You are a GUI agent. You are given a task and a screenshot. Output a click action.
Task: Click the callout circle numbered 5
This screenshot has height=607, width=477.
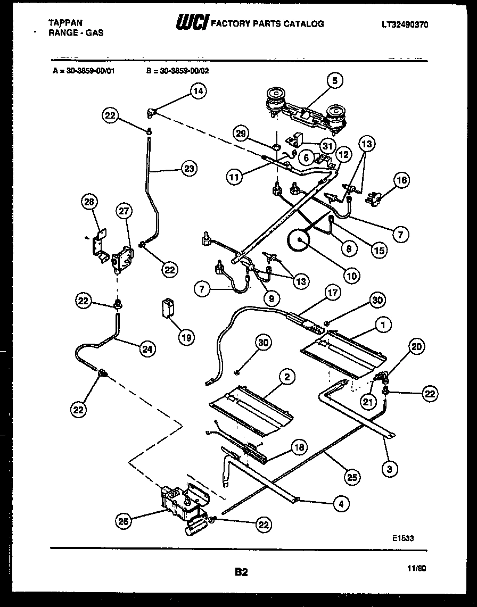tap(334, 81)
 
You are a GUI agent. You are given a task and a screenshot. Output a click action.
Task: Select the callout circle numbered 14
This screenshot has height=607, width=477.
tap(198, 92)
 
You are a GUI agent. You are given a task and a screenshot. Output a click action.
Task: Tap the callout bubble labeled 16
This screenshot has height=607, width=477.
tap(401, 181)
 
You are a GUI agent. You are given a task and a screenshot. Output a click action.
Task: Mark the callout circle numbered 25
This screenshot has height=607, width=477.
tap(351, 477)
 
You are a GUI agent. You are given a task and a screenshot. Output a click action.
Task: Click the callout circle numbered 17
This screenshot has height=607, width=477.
tap(333, 293)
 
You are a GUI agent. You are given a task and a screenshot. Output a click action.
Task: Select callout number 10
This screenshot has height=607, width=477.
tap(352, 276)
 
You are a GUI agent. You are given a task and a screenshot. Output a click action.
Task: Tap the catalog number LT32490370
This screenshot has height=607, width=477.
tap(405, 24)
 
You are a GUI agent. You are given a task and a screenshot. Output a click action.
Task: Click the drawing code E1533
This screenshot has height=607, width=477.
tap(403, 538)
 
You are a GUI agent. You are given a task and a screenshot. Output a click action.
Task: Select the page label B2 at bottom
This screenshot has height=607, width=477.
tap(241, 572)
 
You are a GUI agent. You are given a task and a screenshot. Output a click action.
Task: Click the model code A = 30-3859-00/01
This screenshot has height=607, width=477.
tap(84, 69)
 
